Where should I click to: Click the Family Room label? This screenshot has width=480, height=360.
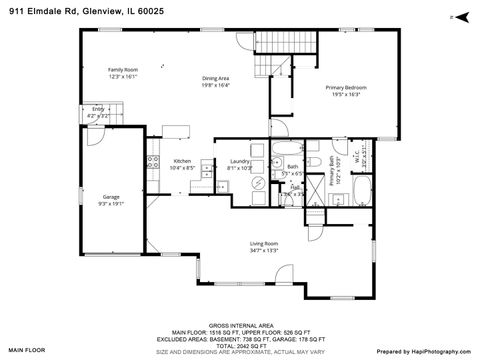[122, 68]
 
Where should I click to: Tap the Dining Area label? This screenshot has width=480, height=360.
[217, 78]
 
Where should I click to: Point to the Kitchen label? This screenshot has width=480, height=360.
[182, 161]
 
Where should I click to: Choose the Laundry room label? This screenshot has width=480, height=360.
[239, 161]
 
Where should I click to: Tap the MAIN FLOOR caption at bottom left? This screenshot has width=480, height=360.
[29, 351]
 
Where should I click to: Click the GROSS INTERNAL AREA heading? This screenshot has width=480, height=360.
[241, 324]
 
